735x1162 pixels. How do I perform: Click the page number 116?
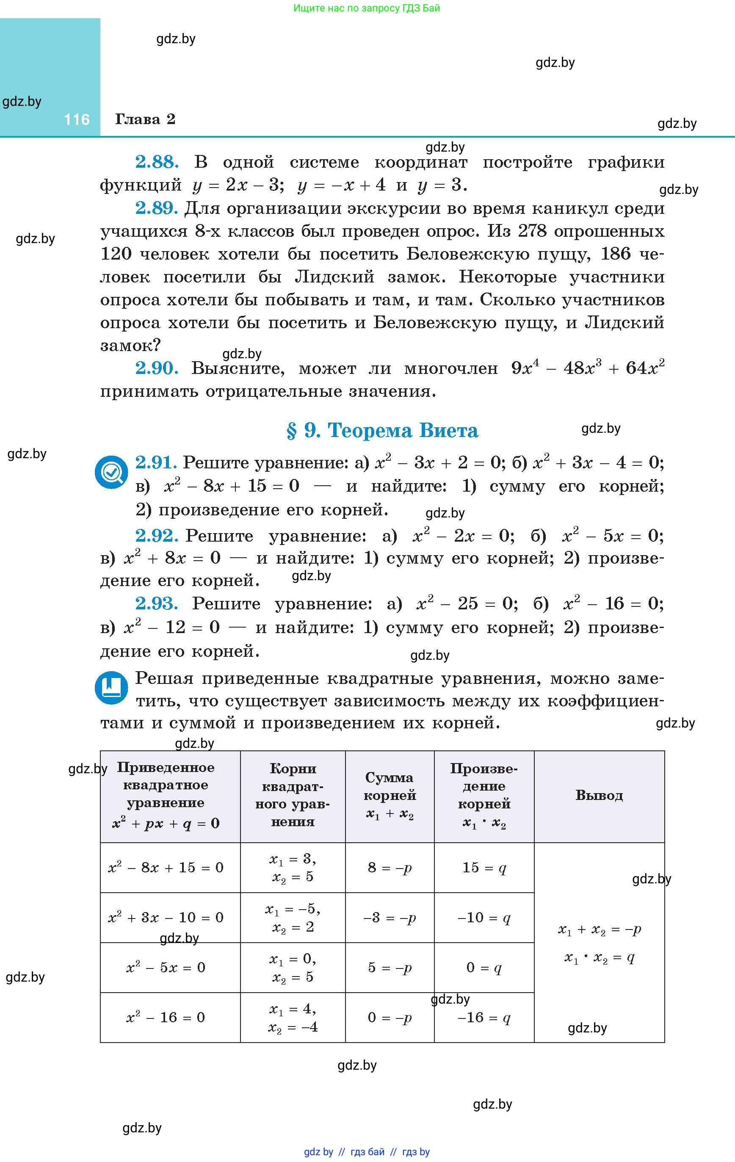click(x=77, y=120)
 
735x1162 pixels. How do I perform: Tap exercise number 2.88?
click(x=157, y=162)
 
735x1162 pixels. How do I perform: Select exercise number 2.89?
click(x=157, y=208)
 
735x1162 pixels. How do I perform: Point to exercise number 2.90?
click(x=157, y=368)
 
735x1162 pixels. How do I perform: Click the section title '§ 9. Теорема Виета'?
click(x=382, y=430)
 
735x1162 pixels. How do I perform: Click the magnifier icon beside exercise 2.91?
click(x=111, y=472)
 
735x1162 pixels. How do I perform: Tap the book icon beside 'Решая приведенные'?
click(x=111, y=687)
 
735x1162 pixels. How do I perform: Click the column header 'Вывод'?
click(x=599, y=795)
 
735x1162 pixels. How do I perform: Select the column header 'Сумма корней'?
click(x=390, y=795)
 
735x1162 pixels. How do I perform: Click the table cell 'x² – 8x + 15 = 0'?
click(x=166, y=868)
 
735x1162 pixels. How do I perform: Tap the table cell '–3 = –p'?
click(x=390, y=917)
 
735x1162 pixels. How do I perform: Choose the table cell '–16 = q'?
click(x=484, y=1018)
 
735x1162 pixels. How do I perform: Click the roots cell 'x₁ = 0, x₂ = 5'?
click(x=293, y=968)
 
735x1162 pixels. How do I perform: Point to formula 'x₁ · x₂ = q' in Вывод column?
click(x=600, y=957)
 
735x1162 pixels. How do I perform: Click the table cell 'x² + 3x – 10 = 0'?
click(x=166, y=917)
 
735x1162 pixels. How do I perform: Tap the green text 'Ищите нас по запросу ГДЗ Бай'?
click(x=367, y=8)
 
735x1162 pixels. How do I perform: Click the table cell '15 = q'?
click(x=484, y=868)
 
